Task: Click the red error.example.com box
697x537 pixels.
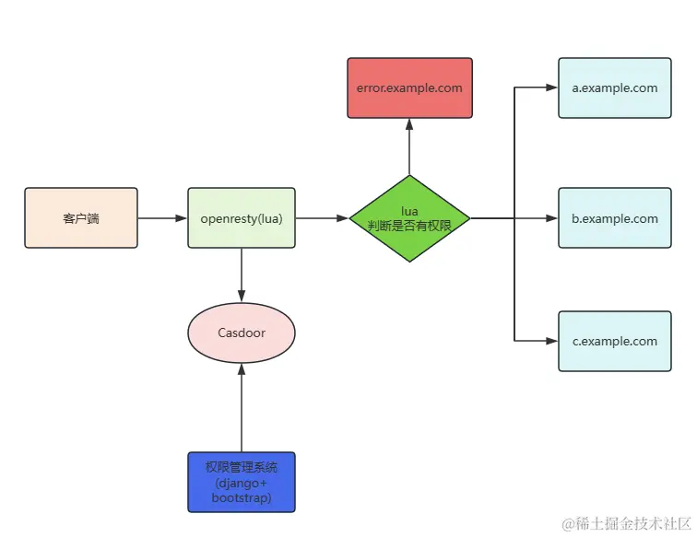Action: [409, 88]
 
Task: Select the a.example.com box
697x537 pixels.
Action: [614, 88]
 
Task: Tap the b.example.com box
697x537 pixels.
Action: [614, 218]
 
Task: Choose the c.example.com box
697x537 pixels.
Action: [614, 341]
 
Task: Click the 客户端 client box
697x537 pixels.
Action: [81, 218]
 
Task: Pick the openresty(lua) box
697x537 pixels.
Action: [242, 218]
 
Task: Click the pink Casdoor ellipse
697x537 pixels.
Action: [242, 333]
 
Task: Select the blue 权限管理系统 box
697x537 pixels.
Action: [242, 482]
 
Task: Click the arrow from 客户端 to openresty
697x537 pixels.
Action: [162, 218]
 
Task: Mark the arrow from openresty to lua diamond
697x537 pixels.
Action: [322, 218]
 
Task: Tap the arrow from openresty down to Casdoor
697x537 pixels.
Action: [242, 274]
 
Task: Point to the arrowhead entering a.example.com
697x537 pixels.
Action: [551, 88]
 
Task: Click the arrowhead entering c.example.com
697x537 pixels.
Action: [551, 341]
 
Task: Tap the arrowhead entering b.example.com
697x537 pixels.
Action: [551, 218]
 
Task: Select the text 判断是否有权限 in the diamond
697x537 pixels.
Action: [409, 226]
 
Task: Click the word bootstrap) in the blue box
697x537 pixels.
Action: [242, 497]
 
